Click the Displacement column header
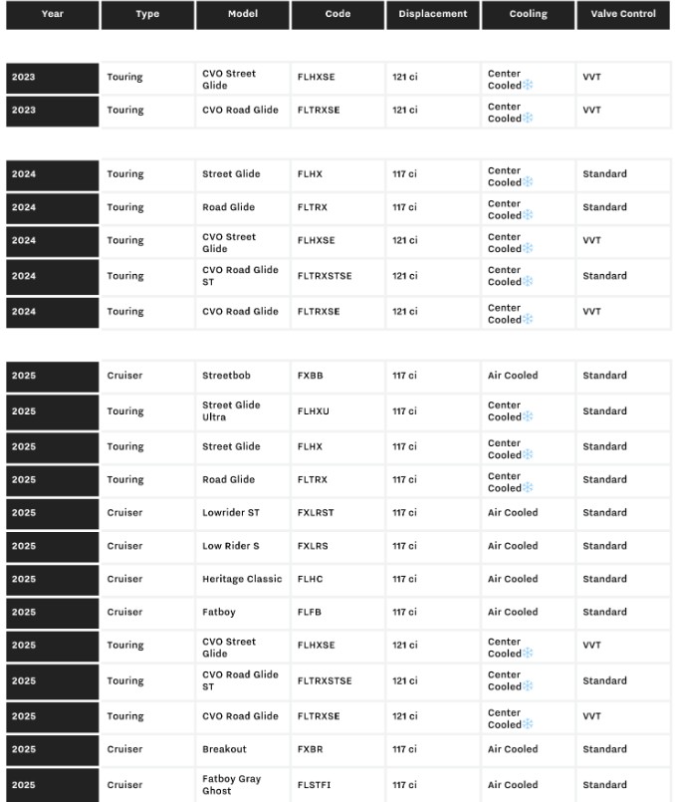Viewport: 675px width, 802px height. (x=432, y=14)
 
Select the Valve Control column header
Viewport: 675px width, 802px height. (x=623, y=14)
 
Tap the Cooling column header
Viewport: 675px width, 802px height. (x=528, y=14)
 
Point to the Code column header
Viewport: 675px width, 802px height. (x=337, y=14)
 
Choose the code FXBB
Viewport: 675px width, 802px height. (x=310, y=376)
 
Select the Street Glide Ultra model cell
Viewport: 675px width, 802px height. (x=231, y=410)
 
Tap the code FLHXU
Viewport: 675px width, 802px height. (x=313, y=410)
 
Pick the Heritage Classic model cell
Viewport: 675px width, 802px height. (x=242, y=579)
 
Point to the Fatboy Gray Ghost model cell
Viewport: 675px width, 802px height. (x=231, y=784)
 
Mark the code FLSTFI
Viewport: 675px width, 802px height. (x=314, y=784)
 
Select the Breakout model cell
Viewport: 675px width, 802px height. (x=224, y=749)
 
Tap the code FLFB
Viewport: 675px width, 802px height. (x=309, y=612)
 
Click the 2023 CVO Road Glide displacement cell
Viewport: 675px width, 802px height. (x=404, y=110)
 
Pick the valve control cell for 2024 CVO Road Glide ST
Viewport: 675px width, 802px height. (x=604, y=276)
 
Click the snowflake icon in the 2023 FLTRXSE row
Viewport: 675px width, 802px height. (x=528, y=119)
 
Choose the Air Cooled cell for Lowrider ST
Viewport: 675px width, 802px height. (x=512, y=512)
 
